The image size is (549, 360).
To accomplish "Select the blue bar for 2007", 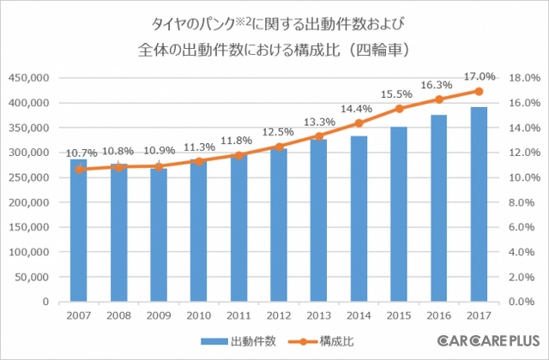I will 79,231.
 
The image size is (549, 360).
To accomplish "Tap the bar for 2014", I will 359,219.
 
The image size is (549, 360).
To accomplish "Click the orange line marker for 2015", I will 398,109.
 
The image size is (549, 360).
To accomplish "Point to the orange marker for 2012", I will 279,147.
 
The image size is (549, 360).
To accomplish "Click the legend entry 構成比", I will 329,341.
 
